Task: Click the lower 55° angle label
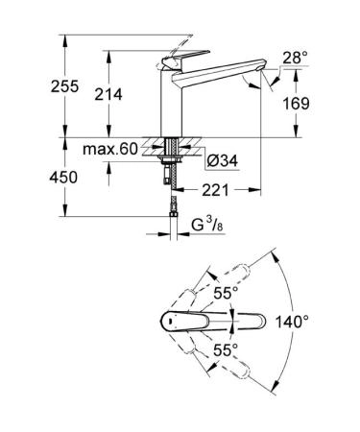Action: click(x=228, y=350)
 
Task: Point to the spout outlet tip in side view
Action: click(x=252, y=84)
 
